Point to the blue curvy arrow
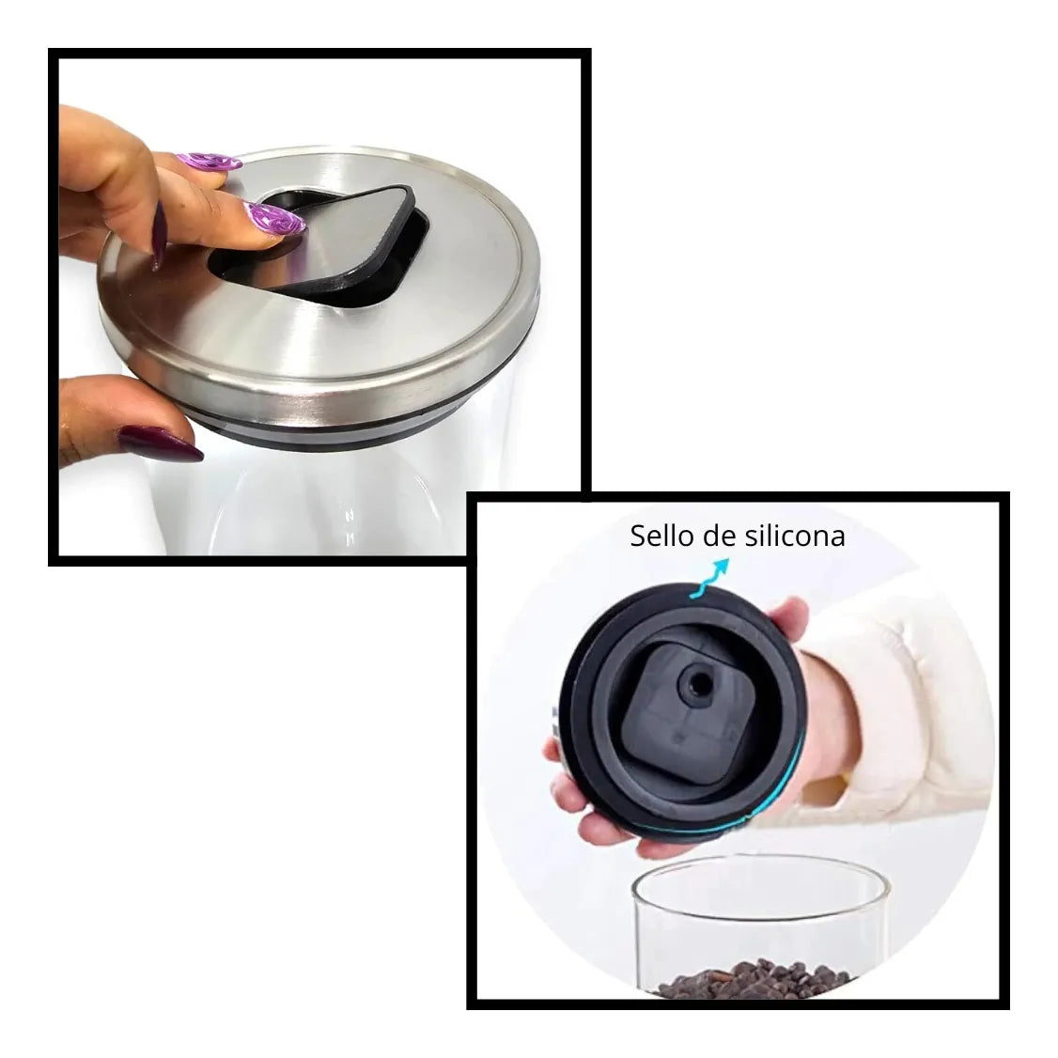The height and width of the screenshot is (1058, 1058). tap(709, 578)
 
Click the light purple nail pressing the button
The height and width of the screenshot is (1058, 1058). tap(273, 219)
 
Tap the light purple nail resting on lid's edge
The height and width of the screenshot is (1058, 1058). tap(210, 162)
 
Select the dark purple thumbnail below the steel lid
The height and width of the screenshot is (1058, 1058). tap(161, 444)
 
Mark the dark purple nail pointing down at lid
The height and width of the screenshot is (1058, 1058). tap(159, 236)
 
